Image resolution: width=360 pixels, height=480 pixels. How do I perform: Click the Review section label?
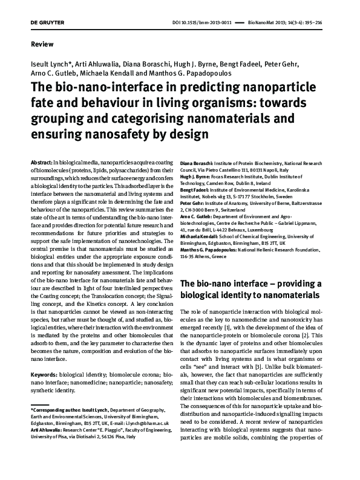coord(41,44)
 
